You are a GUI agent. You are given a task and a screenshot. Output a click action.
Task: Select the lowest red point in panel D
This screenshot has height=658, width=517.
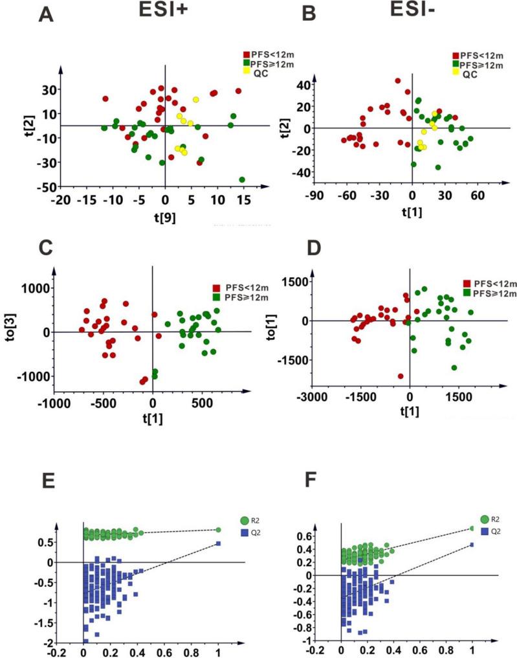click(x=401, y=376)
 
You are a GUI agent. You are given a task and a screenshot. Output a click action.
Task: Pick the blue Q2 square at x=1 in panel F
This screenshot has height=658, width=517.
click(x=472, y=545)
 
